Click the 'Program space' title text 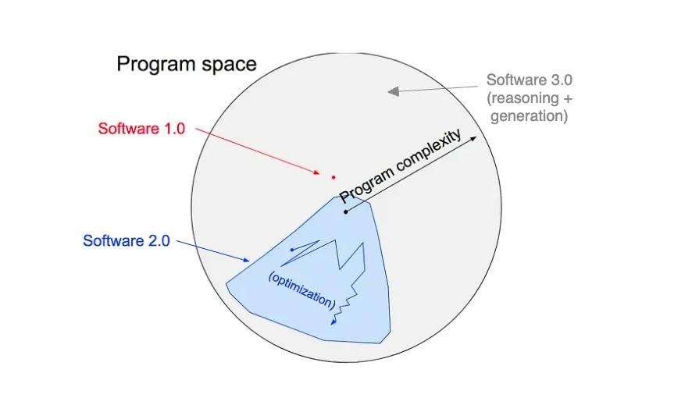pos(187,64)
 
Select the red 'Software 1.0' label pos(141,129)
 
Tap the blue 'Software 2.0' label pos(126,240)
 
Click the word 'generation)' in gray pos(529,117)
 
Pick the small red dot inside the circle pos(333,177)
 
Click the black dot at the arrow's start pos(345,211)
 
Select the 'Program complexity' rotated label pos(401,167)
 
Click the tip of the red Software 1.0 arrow pos(319,173)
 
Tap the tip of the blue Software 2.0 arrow pos(249,261)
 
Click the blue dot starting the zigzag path pos(291,250)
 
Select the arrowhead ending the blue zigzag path pos(334,322)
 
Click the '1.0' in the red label pos(173,129)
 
